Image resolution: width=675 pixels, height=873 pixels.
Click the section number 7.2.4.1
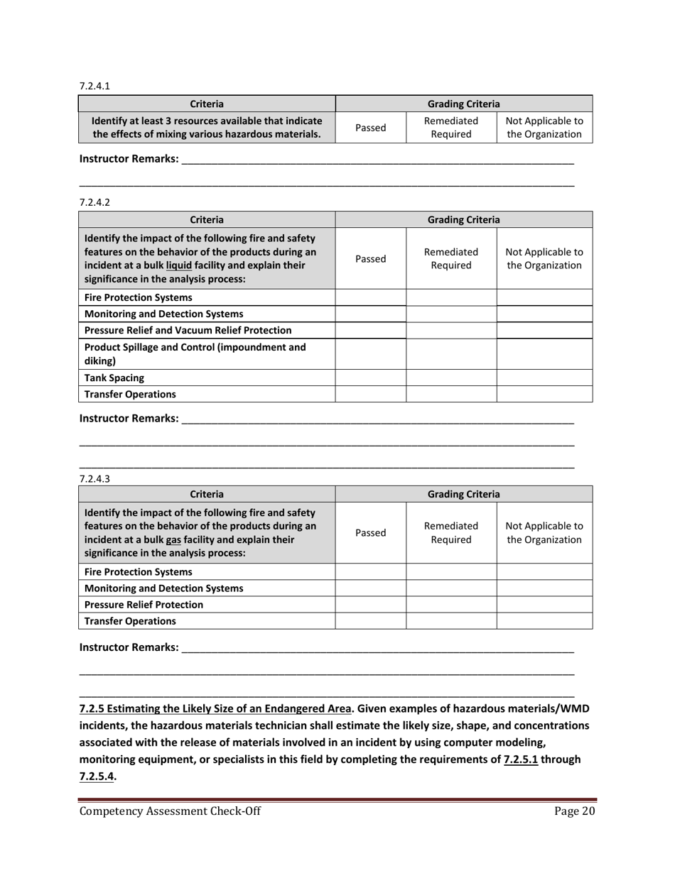point(94,86)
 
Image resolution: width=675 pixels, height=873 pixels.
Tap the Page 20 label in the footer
point(573,812)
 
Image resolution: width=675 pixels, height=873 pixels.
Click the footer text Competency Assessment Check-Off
point(169,812)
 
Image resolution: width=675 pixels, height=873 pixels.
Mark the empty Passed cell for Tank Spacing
point(370,378)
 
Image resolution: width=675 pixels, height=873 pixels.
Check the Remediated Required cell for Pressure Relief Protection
point(450,605)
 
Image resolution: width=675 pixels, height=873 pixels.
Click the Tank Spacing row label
point(114,378)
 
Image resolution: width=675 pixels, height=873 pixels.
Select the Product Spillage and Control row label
point(195,353)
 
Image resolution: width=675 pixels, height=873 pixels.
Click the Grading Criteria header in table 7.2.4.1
point(463,104)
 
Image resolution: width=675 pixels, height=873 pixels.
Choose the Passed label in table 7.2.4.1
point(370,128)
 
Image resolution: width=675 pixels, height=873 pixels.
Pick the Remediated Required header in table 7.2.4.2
point(450,258)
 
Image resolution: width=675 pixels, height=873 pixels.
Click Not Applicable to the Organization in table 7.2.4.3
point(544,533)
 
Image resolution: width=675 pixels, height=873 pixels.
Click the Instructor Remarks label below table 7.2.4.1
point(129,159)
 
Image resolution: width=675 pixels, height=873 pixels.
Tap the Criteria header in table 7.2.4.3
point(207,494)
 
